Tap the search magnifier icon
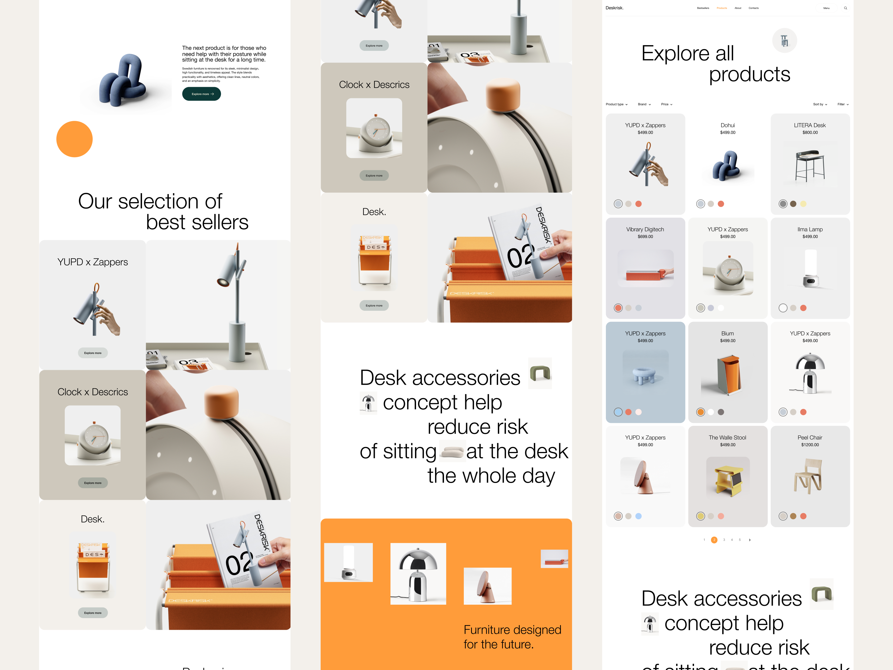click(845, 8)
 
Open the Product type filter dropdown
click(616, 104)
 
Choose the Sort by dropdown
click(820, 104)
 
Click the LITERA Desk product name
click(810, 125)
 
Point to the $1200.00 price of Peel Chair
click(810, 445)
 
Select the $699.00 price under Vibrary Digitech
click(645, 237)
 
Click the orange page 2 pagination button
click(714, 540)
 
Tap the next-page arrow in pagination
click(750, 540)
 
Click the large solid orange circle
click(74, 139)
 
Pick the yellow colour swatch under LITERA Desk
click(803, 204)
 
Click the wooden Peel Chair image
click(809, 477)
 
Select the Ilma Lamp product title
click(810, 229)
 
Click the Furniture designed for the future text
click(512, 637)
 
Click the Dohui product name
click(728, 125)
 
